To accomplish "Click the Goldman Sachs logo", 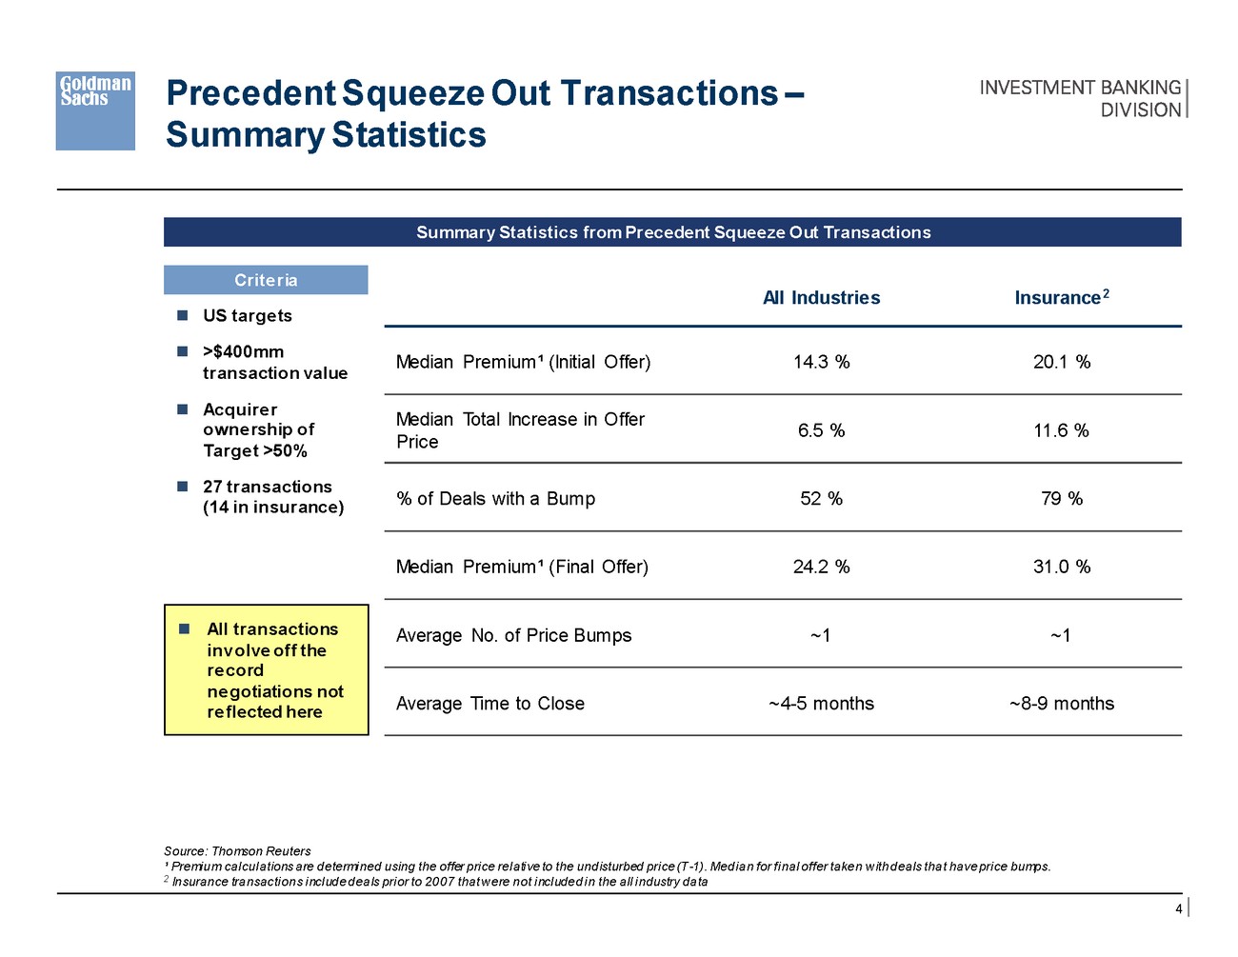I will coord(95,110).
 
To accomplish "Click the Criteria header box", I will coord(266,280).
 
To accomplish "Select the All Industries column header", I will coord(821,298).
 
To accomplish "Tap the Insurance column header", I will coord(1061,298).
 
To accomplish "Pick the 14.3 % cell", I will coord(821,362).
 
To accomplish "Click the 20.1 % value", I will coord(1061,362).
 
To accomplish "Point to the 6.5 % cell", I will coord(821,430).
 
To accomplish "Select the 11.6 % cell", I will coord(1061,430).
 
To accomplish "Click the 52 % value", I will coord(821,499).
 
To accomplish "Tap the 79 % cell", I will coord(1061,499).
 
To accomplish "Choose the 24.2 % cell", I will coord(821,567).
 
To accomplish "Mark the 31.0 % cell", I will coord(1061,567).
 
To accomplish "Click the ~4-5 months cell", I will coord(821,704).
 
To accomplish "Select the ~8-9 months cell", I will coord(1061,704).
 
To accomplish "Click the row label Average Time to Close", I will coord(489,704).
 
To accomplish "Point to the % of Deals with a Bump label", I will coord(495,499).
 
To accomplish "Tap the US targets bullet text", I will coord(247,316).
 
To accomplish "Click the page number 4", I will coord(1178,909).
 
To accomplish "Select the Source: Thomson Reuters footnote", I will coord(237,851).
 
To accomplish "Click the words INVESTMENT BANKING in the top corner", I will coord(1080,88).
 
